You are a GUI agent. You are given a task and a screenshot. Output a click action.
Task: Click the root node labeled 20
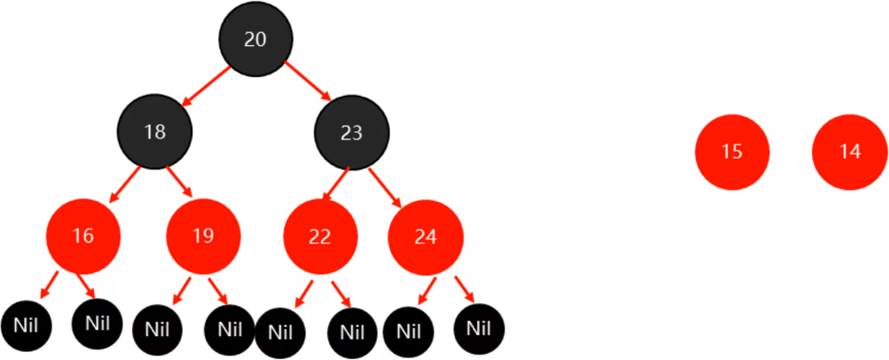256,39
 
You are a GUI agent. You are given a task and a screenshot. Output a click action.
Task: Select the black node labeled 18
155,132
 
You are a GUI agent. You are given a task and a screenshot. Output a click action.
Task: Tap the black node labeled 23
352,132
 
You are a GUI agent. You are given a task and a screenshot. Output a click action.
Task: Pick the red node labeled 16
83,236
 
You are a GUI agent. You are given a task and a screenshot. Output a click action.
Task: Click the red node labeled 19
203,236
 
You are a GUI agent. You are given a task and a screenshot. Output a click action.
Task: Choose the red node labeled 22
321,237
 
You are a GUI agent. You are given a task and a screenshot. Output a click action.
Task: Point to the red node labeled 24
425,237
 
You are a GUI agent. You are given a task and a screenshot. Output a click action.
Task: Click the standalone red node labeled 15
732,152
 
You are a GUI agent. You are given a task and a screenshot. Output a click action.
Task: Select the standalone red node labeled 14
849,152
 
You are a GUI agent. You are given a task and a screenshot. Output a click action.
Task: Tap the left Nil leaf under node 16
27,326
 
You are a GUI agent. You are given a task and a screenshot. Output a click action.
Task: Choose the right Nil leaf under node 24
479,329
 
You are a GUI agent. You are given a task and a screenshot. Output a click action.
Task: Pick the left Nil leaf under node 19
158,331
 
